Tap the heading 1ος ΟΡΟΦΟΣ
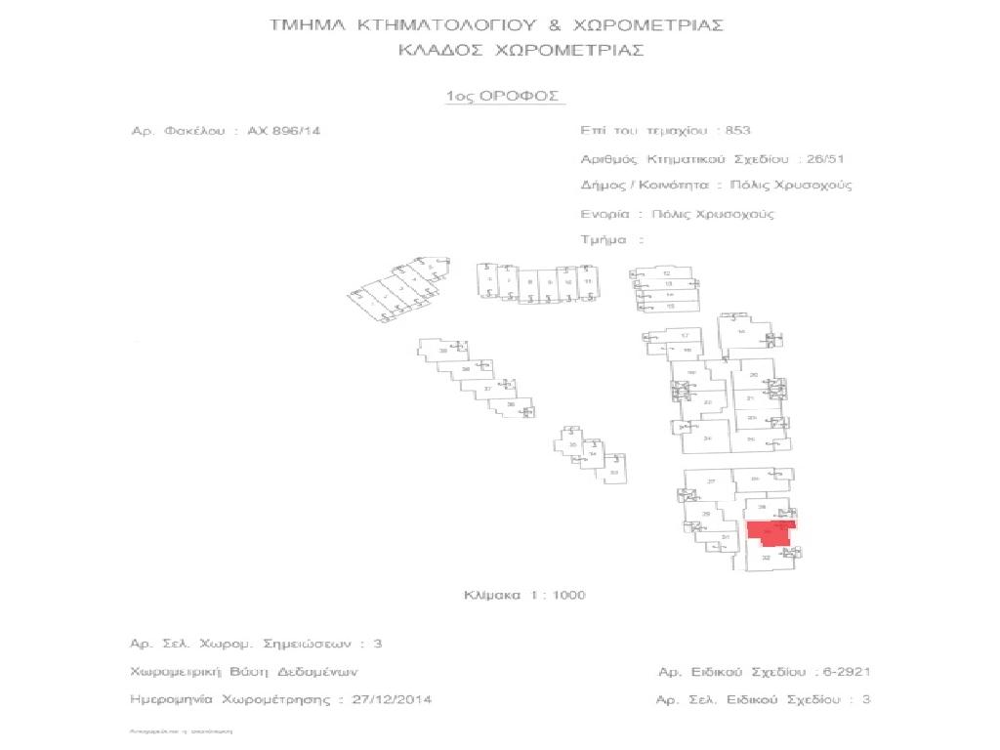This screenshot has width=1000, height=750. (503, 96)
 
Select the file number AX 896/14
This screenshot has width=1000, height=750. (283, 130)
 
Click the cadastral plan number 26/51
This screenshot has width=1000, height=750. (818, 157)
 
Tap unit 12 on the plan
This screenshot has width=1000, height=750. (667, 272)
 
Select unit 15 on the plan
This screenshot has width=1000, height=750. (670, 307)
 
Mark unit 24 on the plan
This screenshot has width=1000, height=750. (707, 438)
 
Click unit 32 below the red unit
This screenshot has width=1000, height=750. (767, 559)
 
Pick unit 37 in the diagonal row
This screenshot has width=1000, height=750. (487, 389)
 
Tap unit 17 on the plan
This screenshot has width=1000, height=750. (685, 336)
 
